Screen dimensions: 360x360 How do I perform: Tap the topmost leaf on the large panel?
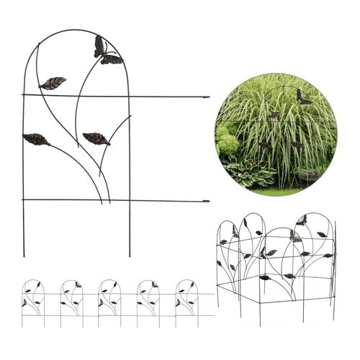click(53, 83)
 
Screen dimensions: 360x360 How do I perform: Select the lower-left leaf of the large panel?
click(36, 138)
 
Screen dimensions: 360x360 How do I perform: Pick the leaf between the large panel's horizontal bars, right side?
click(96, 138)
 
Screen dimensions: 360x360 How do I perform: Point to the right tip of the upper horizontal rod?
click(208, 96)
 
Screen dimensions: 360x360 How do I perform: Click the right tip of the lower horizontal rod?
click(208, 201)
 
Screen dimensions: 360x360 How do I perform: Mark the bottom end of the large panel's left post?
click(24, 256)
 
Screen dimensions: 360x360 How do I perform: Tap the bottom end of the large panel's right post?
click(130, 256)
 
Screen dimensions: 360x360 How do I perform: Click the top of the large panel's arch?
click(76, 30)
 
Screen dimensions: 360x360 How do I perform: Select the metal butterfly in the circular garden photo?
click(302, 96)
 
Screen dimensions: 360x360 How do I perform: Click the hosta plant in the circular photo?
click(248, 173)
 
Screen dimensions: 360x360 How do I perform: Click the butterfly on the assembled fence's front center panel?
click(269, 253)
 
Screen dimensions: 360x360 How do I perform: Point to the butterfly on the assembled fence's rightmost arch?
click(300, 220)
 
